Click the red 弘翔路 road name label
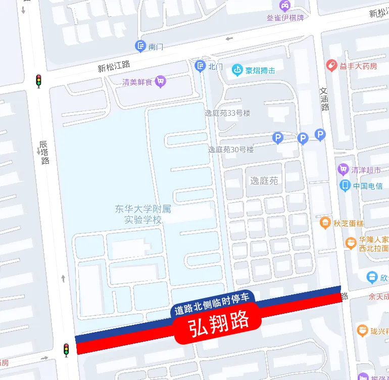point(219,323)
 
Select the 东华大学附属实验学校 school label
point(139,214)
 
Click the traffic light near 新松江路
point(38,80)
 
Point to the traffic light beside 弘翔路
point(66,350)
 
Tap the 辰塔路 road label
point(44,153)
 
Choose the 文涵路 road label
point(325,99)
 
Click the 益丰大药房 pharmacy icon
point(331,65)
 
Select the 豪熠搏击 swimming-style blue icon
point(237,70)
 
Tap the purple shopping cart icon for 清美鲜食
point(161,81)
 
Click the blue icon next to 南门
point(140,46)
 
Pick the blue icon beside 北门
point(201,66)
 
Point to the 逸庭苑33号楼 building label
point(227,113)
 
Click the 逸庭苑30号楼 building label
point(231,150)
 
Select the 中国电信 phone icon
point(346,185)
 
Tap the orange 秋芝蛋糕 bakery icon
point(325,222)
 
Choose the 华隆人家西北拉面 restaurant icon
point(351,243)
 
